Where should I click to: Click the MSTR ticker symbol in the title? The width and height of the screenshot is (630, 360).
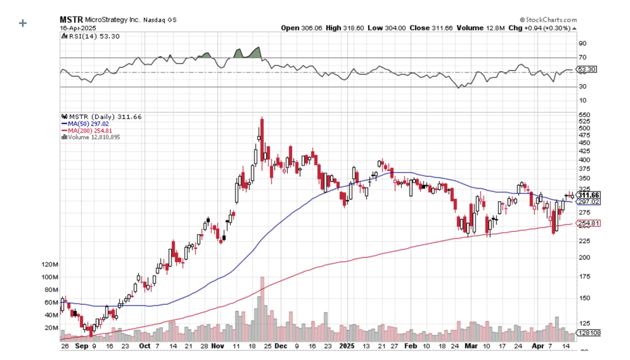click(x=71, y=19)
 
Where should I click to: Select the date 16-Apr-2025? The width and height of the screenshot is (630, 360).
click(x=78, y=28)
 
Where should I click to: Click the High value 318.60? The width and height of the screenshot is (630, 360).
click(x=352, y=28)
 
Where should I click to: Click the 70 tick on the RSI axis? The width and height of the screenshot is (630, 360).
click(x=581, y=58)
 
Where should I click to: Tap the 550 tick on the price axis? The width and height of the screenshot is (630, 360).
click(x=584, y=115)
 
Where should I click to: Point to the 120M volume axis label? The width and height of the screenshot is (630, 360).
click(x=50, y=264)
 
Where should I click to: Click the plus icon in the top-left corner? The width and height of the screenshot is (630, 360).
click(x=23, y=23)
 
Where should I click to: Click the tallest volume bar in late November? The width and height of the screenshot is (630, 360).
click(x=262, y=308)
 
